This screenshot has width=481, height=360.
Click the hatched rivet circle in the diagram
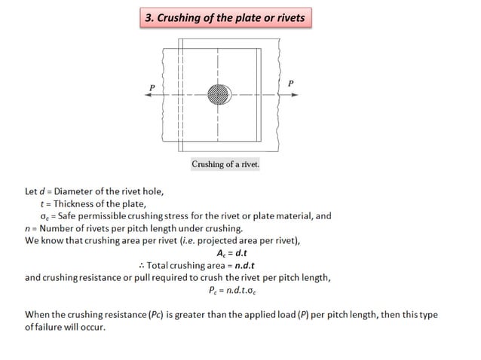pos(219,94)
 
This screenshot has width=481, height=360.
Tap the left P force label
pos(152,87)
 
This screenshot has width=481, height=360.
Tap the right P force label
pos(291,83)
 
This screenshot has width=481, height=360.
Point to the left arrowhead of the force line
pos(149,95)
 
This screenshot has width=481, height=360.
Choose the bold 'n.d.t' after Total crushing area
pos(262,264)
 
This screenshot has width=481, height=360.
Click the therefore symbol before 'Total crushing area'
pos(142,264)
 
